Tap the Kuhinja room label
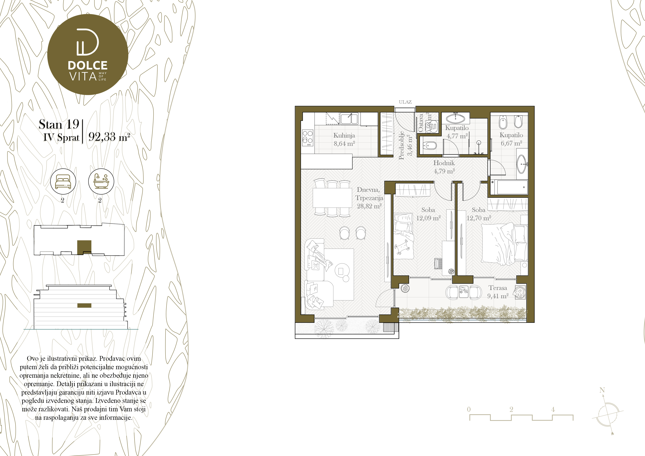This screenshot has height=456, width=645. (x=344, y=136)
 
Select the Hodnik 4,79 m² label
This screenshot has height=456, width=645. (x=444, y=167)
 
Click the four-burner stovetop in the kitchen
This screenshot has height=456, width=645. (x=308, y=138)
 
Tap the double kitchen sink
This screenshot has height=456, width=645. (x=349, y=119)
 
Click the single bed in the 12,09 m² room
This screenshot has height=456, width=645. (x=404, y=236)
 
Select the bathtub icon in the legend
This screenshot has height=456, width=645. (x=101, y=181)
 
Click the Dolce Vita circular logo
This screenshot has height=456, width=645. (x=88, y=54)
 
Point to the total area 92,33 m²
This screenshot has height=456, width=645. (x=109, y=137)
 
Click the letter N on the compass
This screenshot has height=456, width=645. (x=602, y=390)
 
